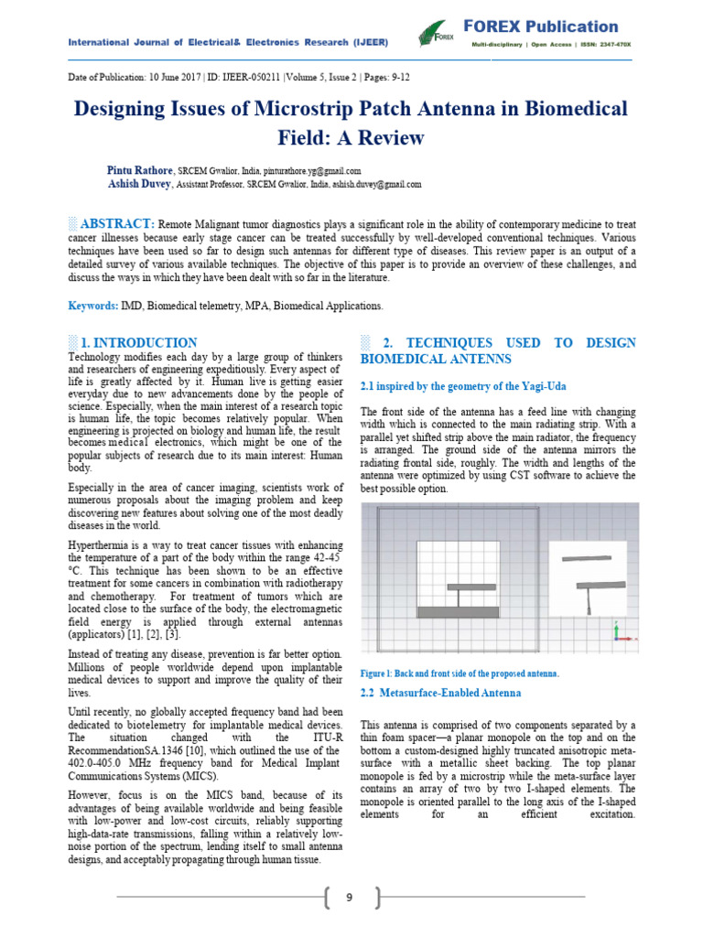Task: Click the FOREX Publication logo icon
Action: [x=437, y=35]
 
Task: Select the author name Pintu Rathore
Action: [x=139, y=170]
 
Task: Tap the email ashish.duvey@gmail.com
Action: [x=375, y=184]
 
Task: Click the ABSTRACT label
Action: [x=116, y=224]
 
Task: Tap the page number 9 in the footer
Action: [x=349, y=898]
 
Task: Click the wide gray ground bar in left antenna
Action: [x=457, y=611]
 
